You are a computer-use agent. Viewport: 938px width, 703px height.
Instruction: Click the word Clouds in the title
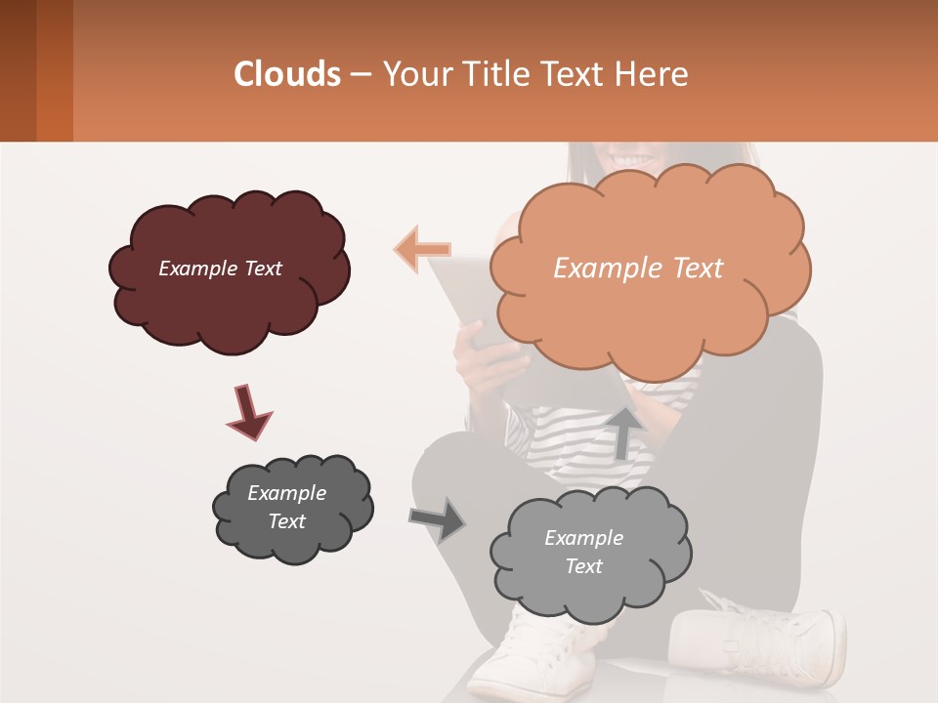pos(287,74)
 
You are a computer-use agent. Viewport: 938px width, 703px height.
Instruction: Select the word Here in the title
pos(653,74)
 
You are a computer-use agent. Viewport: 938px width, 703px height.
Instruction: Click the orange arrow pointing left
pos(422,249)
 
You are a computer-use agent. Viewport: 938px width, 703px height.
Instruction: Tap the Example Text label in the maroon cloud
pos(220,269)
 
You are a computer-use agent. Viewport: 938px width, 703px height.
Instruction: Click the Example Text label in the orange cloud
pos(638,269)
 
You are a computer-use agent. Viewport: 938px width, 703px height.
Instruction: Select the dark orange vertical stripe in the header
pos(55,70)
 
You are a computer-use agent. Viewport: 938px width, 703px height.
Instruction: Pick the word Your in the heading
pos(413,74)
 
